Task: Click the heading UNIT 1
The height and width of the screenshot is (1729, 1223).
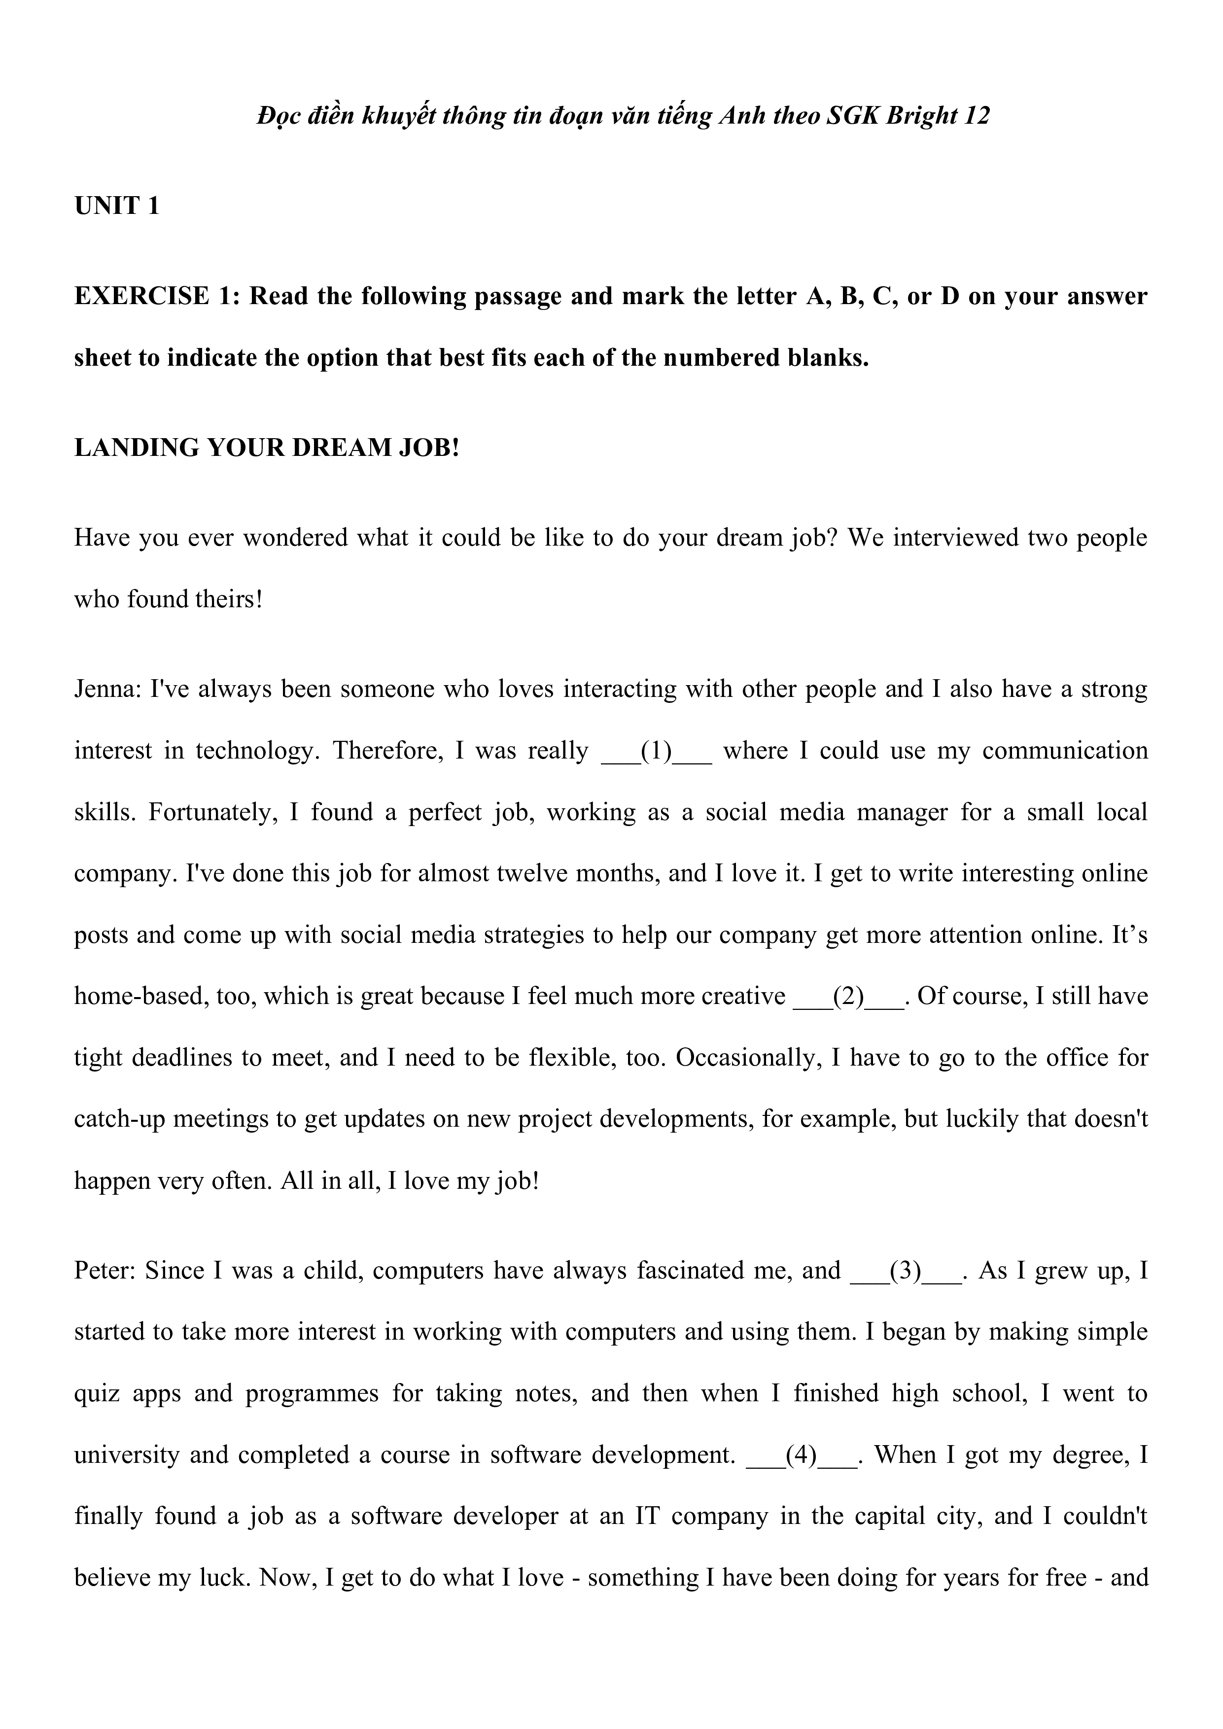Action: pos(117,206)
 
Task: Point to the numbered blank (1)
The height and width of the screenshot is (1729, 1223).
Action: pos(657,751)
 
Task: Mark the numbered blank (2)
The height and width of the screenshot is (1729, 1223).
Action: pos(849,996)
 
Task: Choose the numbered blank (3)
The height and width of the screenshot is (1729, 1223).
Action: pos(905,1271)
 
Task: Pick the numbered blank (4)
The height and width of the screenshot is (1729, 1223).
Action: pos(801,1454)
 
